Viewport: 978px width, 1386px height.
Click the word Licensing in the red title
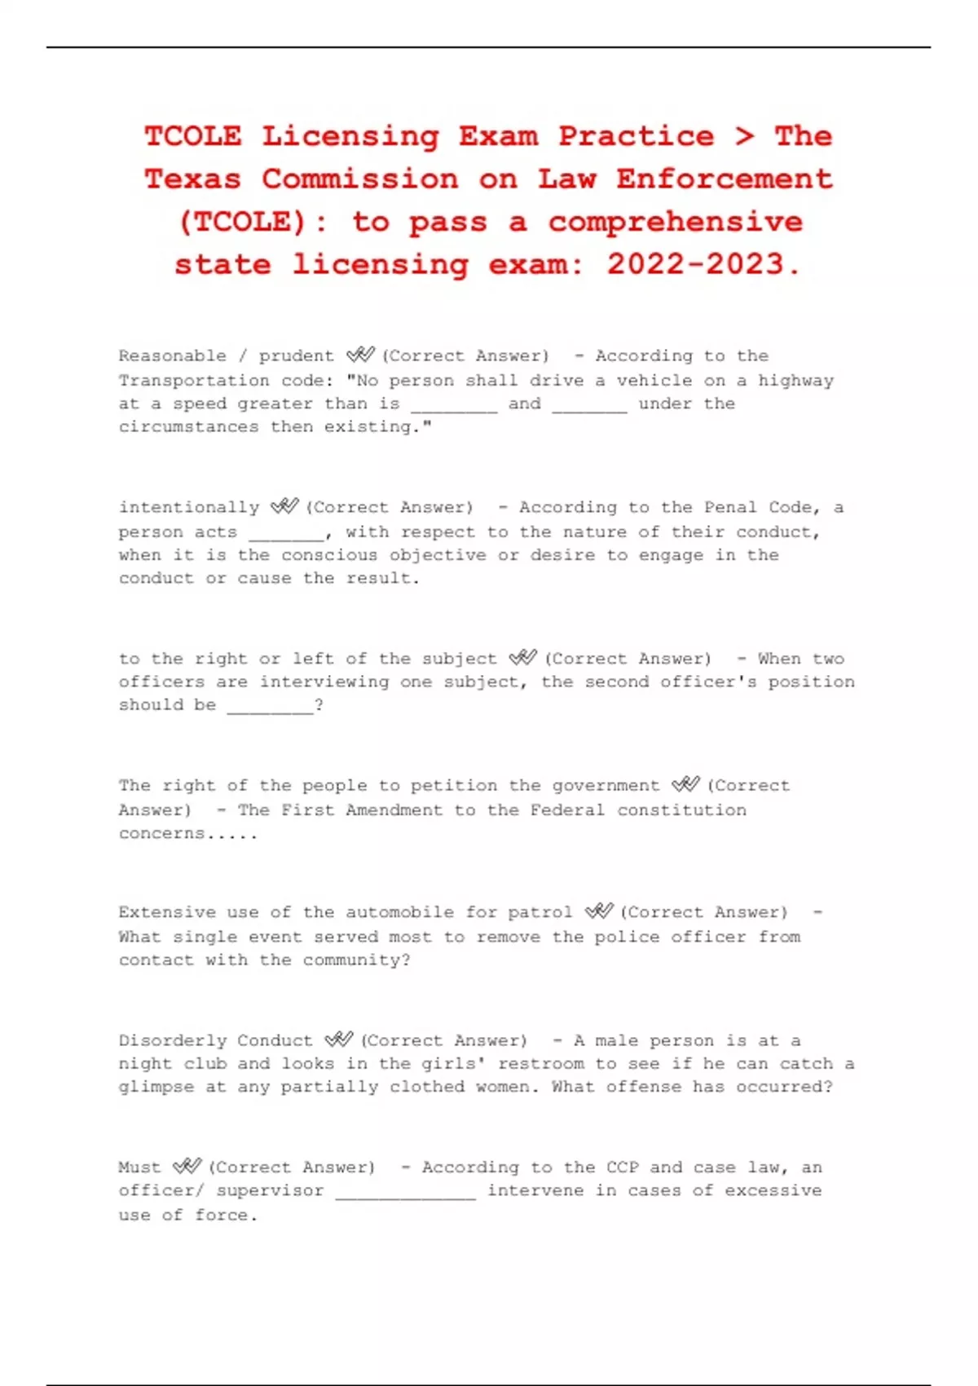coord(350,136)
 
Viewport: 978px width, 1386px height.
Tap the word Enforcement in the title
coord(724,179)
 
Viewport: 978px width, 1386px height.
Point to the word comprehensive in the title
coord(675,222)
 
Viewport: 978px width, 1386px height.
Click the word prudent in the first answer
coord(297,356)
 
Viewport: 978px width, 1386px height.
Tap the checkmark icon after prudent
coord(359,355)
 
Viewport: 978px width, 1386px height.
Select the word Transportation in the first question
coord(194,381)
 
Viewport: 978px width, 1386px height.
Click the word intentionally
coord(189,508)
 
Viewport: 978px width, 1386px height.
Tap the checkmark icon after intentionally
coord(284,506)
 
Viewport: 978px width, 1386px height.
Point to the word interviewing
coord(324,682)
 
